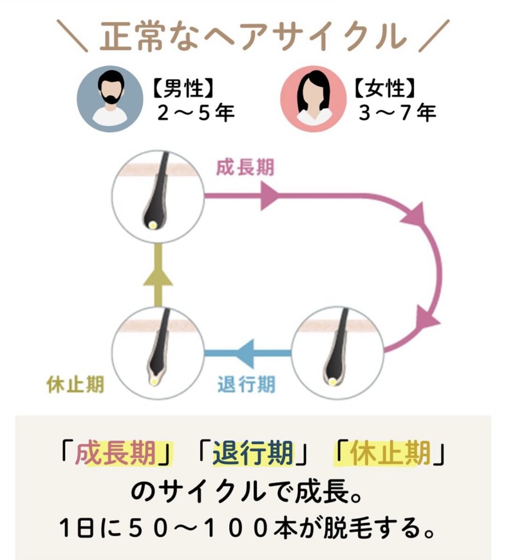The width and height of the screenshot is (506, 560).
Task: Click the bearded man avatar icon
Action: tap(109, 99)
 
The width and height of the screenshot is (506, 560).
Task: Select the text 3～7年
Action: tap(397, 113)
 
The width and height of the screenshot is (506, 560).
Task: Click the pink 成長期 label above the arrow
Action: tap(245, 168)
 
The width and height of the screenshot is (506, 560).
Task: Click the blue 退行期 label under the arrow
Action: tap(246, 384)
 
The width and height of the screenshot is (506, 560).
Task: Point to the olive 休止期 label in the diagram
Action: tap(74, 384)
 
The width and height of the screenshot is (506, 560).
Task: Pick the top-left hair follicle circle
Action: tap(158, 197)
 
